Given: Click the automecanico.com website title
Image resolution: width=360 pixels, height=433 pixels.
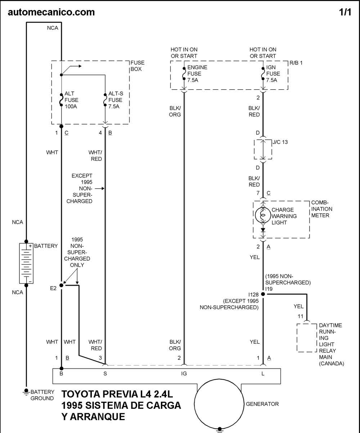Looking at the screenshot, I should pyautogui.click(x=51, y=12).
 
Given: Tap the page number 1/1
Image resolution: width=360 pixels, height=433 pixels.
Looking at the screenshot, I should pyautogui.click(x=345, y=12).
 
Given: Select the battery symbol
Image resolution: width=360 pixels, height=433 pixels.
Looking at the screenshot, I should pyautogui.click(x=26, y=263).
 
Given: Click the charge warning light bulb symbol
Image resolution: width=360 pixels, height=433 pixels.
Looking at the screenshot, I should pyautogui.click(x=263, y=215).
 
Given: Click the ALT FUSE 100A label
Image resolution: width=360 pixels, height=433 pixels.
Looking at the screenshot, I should pyautogui.click(x=71, y=100).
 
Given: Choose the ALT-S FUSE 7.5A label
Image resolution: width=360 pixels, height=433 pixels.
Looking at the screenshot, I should pyautogui.click(x=116, y=100).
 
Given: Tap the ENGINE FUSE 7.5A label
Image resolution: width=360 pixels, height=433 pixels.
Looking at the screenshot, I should pyautogui.click(x=197, y=74).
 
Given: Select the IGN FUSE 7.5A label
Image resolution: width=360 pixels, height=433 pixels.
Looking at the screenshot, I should pyautogui.click(x=273, y=74).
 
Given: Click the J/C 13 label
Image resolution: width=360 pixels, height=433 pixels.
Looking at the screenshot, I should pyautogui.click(x=280, y=142).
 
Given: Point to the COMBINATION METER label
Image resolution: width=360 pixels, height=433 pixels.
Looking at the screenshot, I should pyautogui.click(x=321, y=209).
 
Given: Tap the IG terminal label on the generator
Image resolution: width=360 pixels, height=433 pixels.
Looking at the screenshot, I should pyautogui.click(x=184, y=374).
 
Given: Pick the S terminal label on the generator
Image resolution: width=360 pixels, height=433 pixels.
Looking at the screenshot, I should pyautogui.click(x=105, y=374).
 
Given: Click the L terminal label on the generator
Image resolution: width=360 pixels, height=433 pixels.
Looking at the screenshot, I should pyautogui.click(x=263, y=374).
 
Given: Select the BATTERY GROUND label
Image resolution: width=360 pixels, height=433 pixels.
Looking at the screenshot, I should pyautogui.click(x=42, y=395).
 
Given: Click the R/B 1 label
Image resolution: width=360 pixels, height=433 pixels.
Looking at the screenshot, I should pyautogui.click(x=296, y=63).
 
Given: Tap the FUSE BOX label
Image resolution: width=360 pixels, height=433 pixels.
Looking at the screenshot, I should pyautogui.click(x=137, y=66).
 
